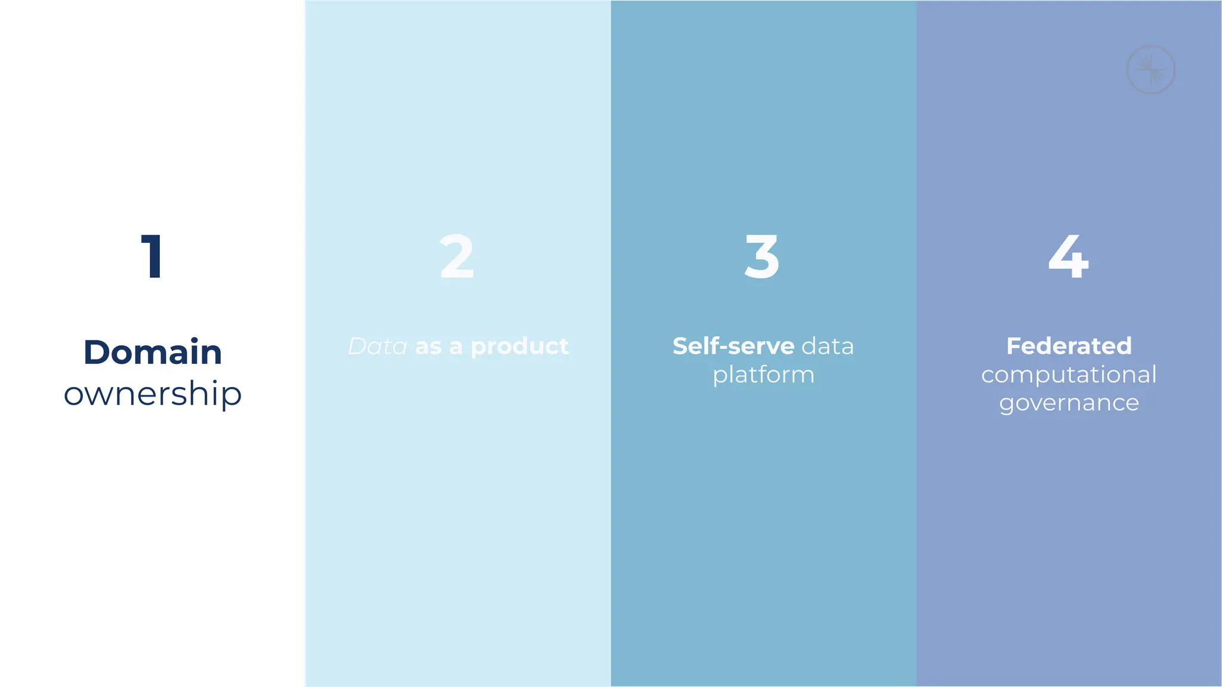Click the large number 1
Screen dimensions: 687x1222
(153, 256)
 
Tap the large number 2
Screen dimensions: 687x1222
(457, 256)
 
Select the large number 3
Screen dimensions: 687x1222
(763, 256)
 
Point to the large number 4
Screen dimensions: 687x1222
(1069, 256)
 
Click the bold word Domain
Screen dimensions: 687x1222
(153, 352)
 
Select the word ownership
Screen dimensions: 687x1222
(153, 394)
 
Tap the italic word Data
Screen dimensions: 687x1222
(378, 346)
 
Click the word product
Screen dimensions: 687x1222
(520, 346)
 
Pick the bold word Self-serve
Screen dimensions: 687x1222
(733, 346)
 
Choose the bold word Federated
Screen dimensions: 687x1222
(1069, 346)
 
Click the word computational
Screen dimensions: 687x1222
(1069, 375)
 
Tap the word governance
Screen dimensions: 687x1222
(1069, 404)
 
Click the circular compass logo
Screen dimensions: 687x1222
(1150, 70)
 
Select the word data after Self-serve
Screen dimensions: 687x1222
(828, 346)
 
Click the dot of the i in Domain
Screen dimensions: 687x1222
(195, 339)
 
